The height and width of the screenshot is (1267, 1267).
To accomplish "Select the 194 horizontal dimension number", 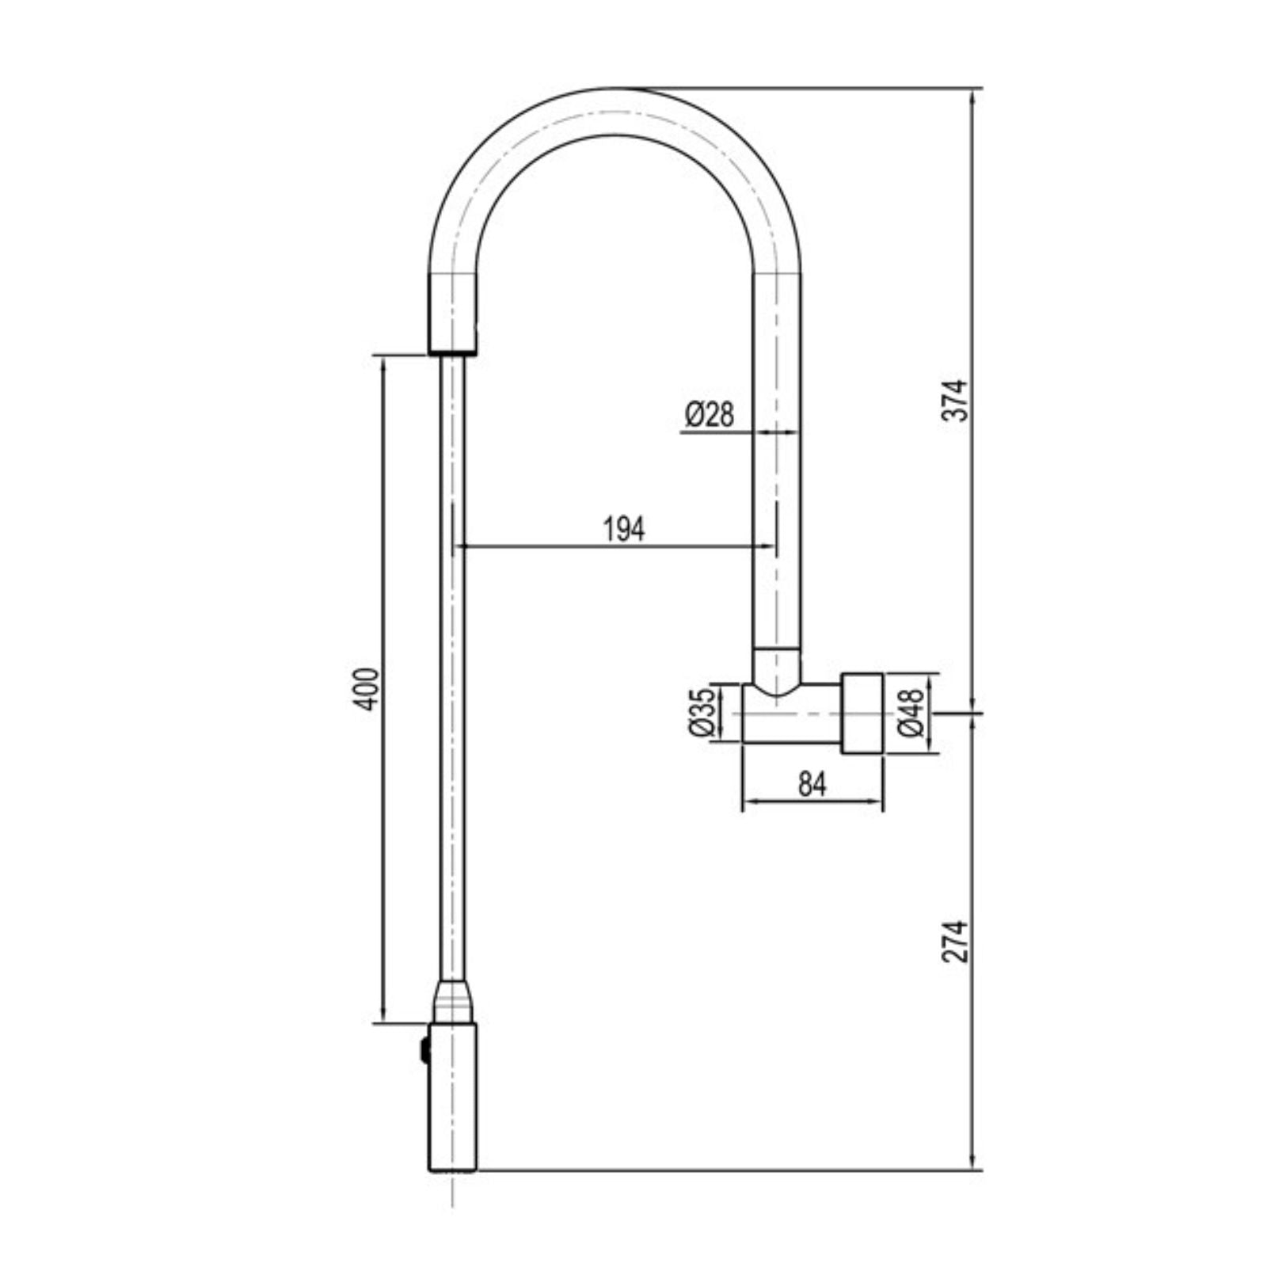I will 624,529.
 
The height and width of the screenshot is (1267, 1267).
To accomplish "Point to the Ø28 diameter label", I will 710,414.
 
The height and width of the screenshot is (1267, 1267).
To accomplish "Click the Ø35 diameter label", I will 702,712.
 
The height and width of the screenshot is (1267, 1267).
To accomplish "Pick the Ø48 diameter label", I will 911,712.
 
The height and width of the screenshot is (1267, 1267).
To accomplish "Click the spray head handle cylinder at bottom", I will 453,1109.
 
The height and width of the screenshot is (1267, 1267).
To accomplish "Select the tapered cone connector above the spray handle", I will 453,1003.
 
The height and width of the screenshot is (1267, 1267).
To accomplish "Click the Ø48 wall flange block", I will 862,713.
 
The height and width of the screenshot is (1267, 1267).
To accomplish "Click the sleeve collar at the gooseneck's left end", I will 453,314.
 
